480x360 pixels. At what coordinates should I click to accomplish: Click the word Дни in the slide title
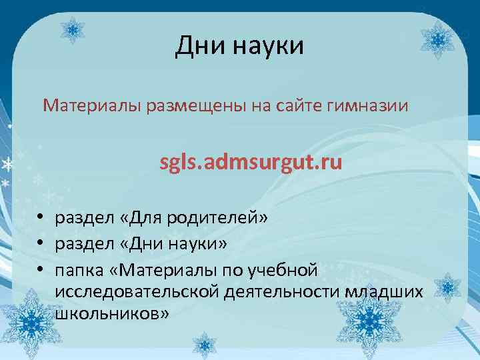tap(197, 46)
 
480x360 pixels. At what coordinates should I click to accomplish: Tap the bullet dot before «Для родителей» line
tap(41, 218)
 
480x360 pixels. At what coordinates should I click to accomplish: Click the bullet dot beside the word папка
tap(41, 271)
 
